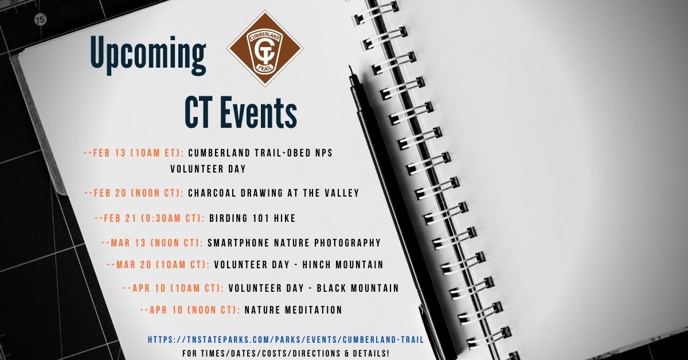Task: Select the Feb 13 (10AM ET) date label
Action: pyautogui.click(x=134, y=153)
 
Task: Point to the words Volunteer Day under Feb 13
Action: pyautogui.click(x=208, y=169)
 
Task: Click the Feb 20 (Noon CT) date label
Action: pyautogui.click(x=134, y=193)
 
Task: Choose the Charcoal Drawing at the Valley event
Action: pyautogui.click(x=273, y=193)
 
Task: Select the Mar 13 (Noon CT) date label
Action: pyautogui.click(x=152, y=243)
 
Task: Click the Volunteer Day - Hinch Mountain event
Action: pyautogui.click(x=298, y=265)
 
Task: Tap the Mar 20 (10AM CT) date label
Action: pyautogui.click(x=158, y=265)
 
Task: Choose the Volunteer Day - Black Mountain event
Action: pyautogui.click(x=313, y=288)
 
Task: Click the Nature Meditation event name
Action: pyautogui.click(x=293, y=310)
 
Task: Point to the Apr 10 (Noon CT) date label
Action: pyautogui.click(x=190, y=310)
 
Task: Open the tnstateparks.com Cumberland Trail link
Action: pyautogui.click(x=286, y=340)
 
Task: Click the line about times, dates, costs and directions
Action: pyautogui.click(x=286, y=353)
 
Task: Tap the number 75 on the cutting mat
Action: pyautogui.click(x=40, y=20)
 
